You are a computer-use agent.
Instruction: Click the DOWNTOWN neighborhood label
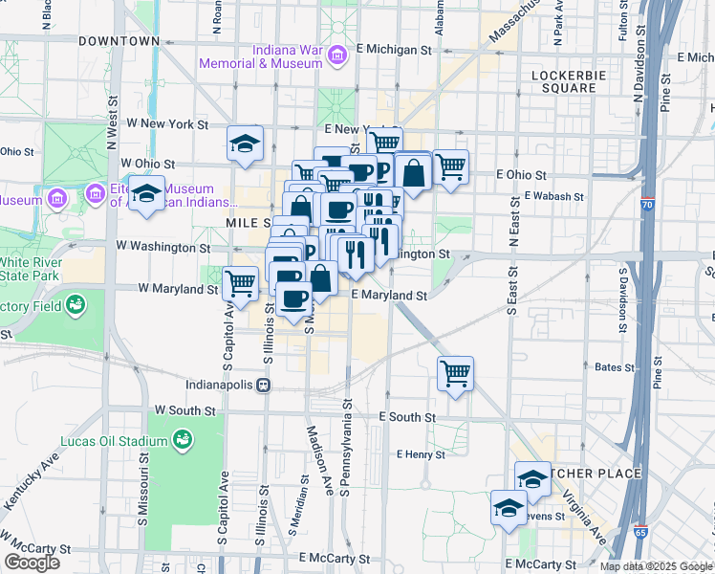click(x=119, y=41)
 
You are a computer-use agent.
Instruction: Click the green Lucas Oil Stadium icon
click(x=180, y=440)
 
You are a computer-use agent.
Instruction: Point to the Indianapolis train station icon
click(x=264, y=385)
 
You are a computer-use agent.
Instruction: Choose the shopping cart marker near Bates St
click(x=456, y=373)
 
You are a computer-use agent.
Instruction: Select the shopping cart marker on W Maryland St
click(x=240, y=283)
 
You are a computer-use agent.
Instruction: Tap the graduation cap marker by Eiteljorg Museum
click(x=147, y=193)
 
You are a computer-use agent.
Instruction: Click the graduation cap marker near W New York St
click(x=245, y=144)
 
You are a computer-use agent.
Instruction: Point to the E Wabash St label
click(x=553, y=196)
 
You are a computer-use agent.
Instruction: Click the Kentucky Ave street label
click(x=27, y=489)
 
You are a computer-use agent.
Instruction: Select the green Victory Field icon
click(x=75, y=306)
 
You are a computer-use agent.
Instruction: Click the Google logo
click(x=32, y=563)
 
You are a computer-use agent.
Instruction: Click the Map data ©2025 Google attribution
click(x=656, y=566)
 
